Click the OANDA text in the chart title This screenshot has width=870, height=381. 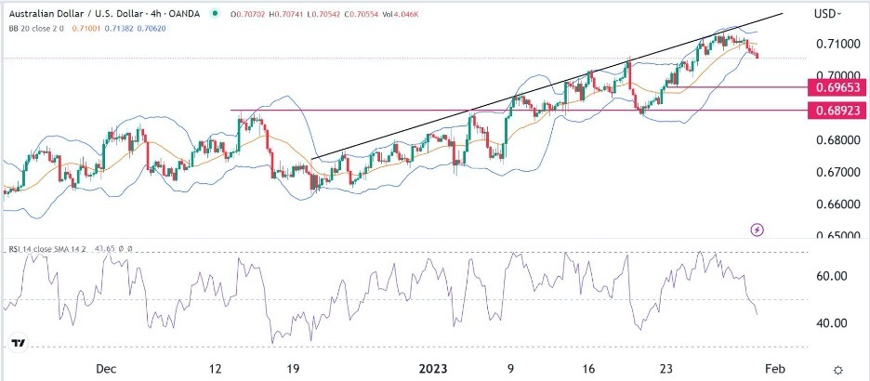pyautogui.click(x=182, y=12)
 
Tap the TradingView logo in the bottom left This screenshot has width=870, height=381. pyautogui.click(x=19, y=344)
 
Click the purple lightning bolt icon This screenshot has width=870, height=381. pyautogui.click(x=759, y=229)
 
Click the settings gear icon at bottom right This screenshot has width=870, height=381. pyautogui.click(x=838, y=369)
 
